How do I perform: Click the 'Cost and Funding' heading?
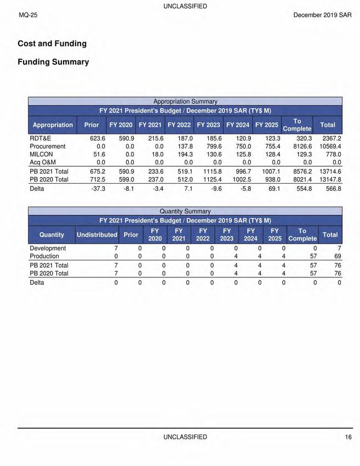tap(52, 43)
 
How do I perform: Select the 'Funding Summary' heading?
tap(53, 62)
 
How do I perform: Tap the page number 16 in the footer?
tap(348, 437)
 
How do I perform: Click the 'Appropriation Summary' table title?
tap(185, 101)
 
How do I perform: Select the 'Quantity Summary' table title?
tap(185, 211)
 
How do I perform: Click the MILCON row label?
tap(42, 154)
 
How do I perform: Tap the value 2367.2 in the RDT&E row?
tap(331, 138)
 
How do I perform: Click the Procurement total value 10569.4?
tap(330, 146)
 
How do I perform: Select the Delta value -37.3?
tap(96, 189)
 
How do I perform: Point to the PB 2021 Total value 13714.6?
tap(330, 171)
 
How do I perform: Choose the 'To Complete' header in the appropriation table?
tap(297, 125)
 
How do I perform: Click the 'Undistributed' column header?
tap(97, 235)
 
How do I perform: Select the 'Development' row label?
tap(48, 248)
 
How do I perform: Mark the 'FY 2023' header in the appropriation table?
tap(208, 125)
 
